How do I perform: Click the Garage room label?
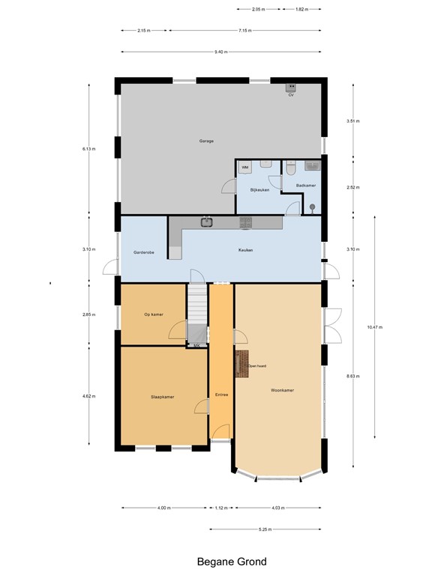(x=206, y=141)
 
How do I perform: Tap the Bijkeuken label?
(x=259, y=190)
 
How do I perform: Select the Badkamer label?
(x=305, y=185)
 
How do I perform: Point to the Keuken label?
(x=246, y=250)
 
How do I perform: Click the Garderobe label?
(x=144, y=253)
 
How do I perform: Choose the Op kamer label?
(x=154, y=314)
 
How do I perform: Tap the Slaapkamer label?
(x=162, y=397)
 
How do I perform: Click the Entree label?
(x=221, y=395)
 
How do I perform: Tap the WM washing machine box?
(x=245, y=167)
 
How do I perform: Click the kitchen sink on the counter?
(x=207, y=222)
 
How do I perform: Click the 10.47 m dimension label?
(x=373, y=327)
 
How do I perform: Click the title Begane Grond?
(x=232, y=562)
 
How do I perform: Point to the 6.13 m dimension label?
(x=88, y=149)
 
